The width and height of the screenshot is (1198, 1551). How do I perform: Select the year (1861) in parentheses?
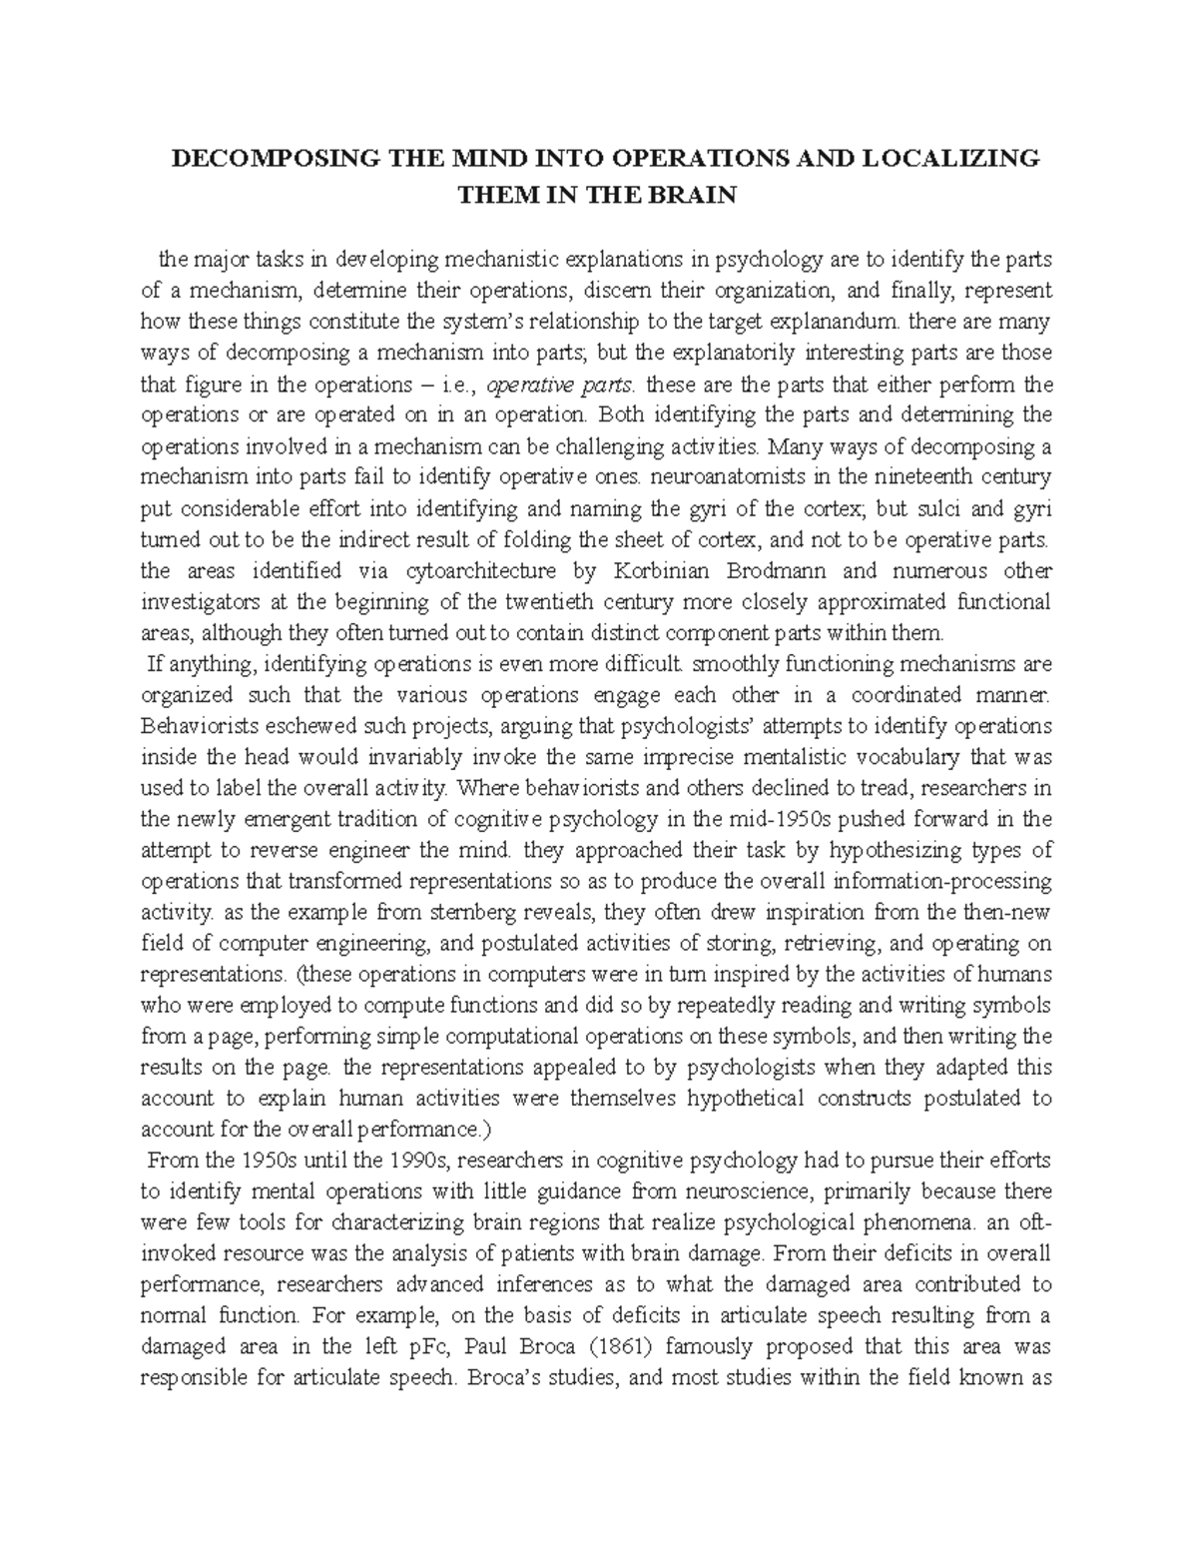(622, 1345)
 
